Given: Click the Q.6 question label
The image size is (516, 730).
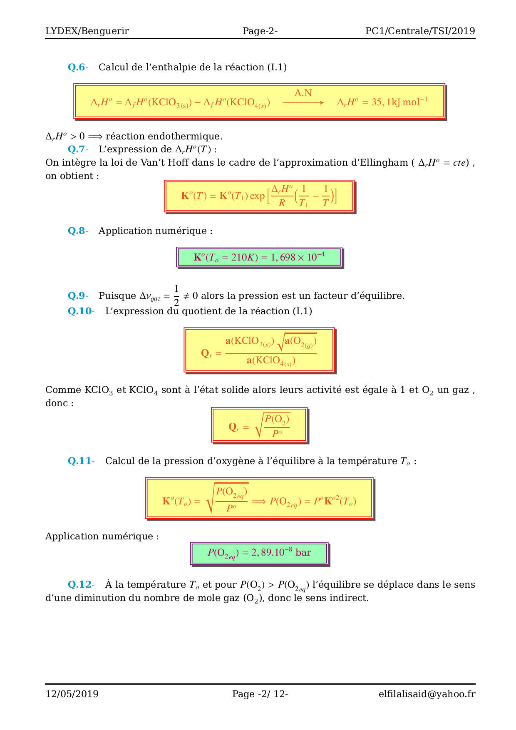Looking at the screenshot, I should (78, 67).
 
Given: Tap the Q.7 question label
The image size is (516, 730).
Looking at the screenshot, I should (78, 149).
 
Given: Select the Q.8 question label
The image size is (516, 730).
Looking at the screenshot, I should (78, 231).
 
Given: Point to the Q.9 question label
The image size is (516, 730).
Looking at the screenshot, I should (78, 296).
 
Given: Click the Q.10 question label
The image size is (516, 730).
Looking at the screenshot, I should (81, 311).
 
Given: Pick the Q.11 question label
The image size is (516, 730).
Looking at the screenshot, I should (81, 461).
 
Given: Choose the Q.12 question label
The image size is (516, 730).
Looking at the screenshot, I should (81, 585).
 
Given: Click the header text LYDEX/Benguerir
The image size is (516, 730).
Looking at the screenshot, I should (87, 31).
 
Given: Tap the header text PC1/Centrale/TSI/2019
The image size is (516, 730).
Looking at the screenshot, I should (420, 31).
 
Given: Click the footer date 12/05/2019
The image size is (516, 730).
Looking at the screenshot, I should (72, 694).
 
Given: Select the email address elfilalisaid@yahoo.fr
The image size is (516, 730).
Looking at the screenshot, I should (427, 694).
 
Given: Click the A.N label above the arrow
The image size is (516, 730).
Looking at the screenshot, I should (303, 93).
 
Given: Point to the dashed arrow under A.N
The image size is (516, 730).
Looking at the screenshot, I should (303, 102).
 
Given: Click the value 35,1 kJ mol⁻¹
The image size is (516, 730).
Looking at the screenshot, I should (382, 102).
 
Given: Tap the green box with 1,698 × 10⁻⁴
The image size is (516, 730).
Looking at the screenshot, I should (259, 257).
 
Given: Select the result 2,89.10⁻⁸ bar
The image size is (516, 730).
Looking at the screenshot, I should (259, 553).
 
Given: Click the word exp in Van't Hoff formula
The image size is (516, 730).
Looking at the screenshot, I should (257, 196).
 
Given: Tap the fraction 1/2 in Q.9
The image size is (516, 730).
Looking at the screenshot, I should (176, 295).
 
